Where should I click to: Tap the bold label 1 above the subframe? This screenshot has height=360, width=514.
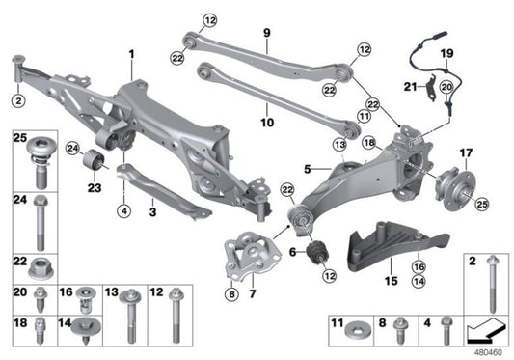(x=132, y=53)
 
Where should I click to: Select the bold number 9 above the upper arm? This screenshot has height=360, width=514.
(x=266, y=32)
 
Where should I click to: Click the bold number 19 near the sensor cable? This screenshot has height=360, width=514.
(x=446, y=52)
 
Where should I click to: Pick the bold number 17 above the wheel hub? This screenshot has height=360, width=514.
(x=467, y=152)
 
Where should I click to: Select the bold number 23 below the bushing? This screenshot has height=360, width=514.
(x=93, y=189)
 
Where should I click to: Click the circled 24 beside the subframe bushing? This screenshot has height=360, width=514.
(x=72, y=149)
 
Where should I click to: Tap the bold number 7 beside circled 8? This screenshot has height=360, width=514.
(x=252, y=291)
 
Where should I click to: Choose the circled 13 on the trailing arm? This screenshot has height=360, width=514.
(x=338, y=145)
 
